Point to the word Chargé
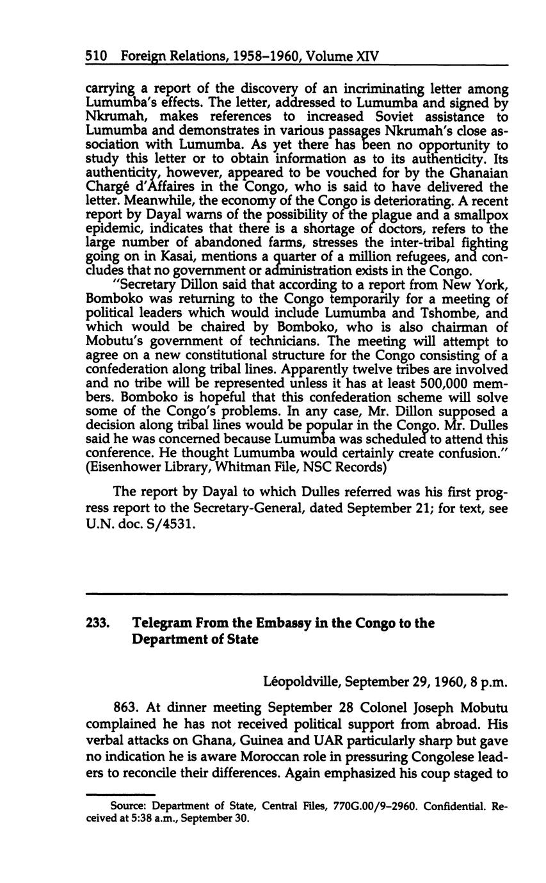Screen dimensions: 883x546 tap(105, 188)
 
